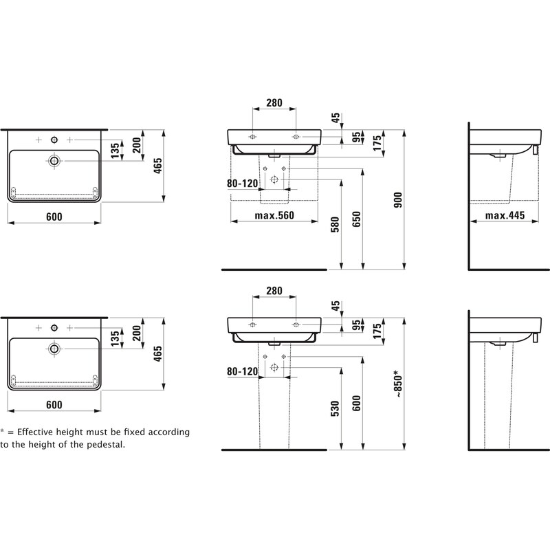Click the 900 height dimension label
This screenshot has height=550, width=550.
tap(398, 199)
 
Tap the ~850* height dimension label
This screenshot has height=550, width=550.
tap(398, 384)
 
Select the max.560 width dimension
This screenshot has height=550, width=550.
tap(274, 215)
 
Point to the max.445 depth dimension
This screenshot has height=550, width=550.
tap(505, 215)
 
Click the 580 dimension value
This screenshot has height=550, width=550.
tap(335, 225)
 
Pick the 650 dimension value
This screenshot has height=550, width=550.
tap(356, 219)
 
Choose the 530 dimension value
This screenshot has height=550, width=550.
tap(335, 408)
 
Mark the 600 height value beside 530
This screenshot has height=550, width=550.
tap(356, 403)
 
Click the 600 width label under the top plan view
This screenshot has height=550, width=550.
tap(54, 217)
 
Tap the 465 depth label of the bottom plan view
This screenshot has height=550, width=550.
tap(158, 353)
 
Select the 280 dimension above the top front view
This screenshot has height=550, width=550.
tap(274, 102)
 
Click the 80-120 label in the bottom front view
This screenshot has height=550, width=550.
tap(243, 371)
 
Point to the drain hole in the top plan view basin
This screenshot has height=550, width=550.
tap(54, 161)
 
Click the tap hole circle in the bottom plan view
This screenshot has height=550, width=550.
tap(54, 328)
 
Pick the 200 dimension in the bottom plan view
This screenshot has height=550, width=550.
tap(137, 333)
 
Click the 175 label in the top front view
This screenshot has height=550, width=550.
tap(377, 143)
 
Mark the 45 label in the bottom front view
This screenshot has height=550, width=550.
tap(335, 305)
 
